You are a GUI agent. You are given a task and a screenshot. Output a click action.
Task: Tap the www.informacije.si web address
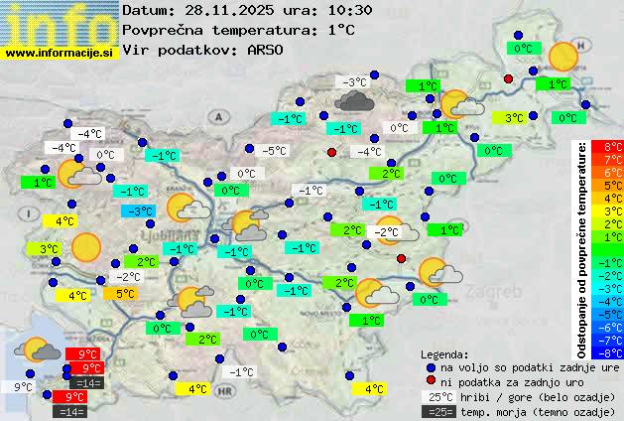59,54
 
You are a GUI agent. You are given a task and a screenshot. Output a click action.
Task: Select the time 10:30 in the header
350,10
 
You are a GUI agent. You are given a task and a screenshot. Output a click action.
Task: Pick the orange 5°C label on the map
125,293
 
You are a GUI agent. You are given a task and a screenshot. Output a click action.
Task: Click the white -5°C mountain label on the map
273,151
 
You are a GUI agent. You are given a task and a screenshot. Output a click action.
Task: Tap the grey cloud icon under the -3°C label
354,99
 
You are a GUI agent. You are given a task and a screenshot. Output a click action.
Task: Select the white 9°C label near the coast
23,386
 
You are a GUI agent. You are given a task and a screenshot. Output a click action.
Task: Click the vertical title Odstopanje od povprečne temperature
581,248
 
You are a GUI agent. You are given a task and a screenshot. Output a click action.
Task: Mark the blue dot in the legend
430,366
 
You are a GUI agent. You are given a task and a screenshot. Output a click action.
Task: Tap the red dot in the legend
430,381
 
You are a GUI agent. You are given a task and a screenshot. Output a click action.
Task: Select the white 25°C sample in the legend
440,396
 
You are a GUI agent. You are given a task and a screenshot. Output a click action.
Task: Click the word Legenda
444,353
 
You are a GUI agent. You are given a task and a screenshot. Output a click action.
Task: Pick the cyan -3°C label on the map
137,210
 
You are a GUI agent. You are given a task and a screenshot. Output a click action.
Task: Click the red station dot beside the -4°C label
331,152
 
